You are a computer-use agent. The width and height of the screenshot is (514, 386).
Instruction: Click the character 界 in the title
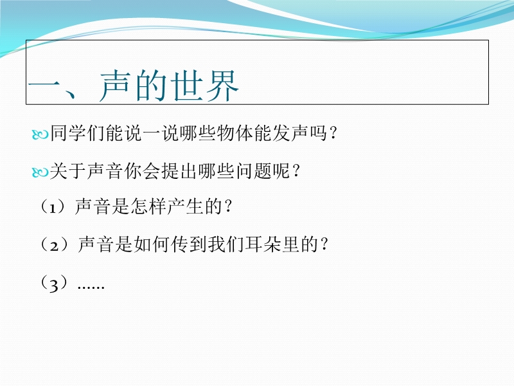[222, 86]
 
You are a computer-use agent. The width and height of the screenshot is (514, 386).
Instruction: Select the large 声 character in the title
[115, 86]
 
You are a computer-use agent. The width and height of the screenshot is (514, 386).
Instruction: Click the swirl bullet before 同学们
[40, 134]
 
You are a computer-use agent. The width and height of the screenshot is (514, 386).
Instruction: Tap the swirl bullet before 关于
[40, 172]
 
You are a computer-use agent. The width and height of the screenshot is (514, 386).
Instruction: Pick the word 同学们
[77, 133]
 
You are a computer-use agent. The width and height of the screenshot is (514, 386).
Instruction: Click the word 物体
[235, 133]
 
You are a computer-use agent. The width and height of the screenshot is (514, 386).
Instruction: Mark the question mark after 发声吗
[333, 133]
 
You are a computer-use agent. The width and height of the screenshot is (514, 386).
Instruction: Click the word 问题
[253, 171]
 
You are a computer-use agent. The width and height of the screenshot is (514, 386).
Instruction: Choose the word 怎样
[148, 207]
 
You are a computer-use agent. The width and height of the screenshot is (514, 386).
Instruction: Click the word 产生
[185, 207]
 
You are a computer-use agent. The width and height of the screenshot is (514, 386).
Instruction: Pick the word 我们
[226, 244]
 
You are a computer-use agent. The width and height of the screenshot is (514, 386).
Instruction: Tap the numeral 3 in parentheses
[54, 284]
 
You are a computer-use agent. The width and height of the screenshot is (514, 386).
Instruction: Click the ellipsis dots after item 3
[91, 288]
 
